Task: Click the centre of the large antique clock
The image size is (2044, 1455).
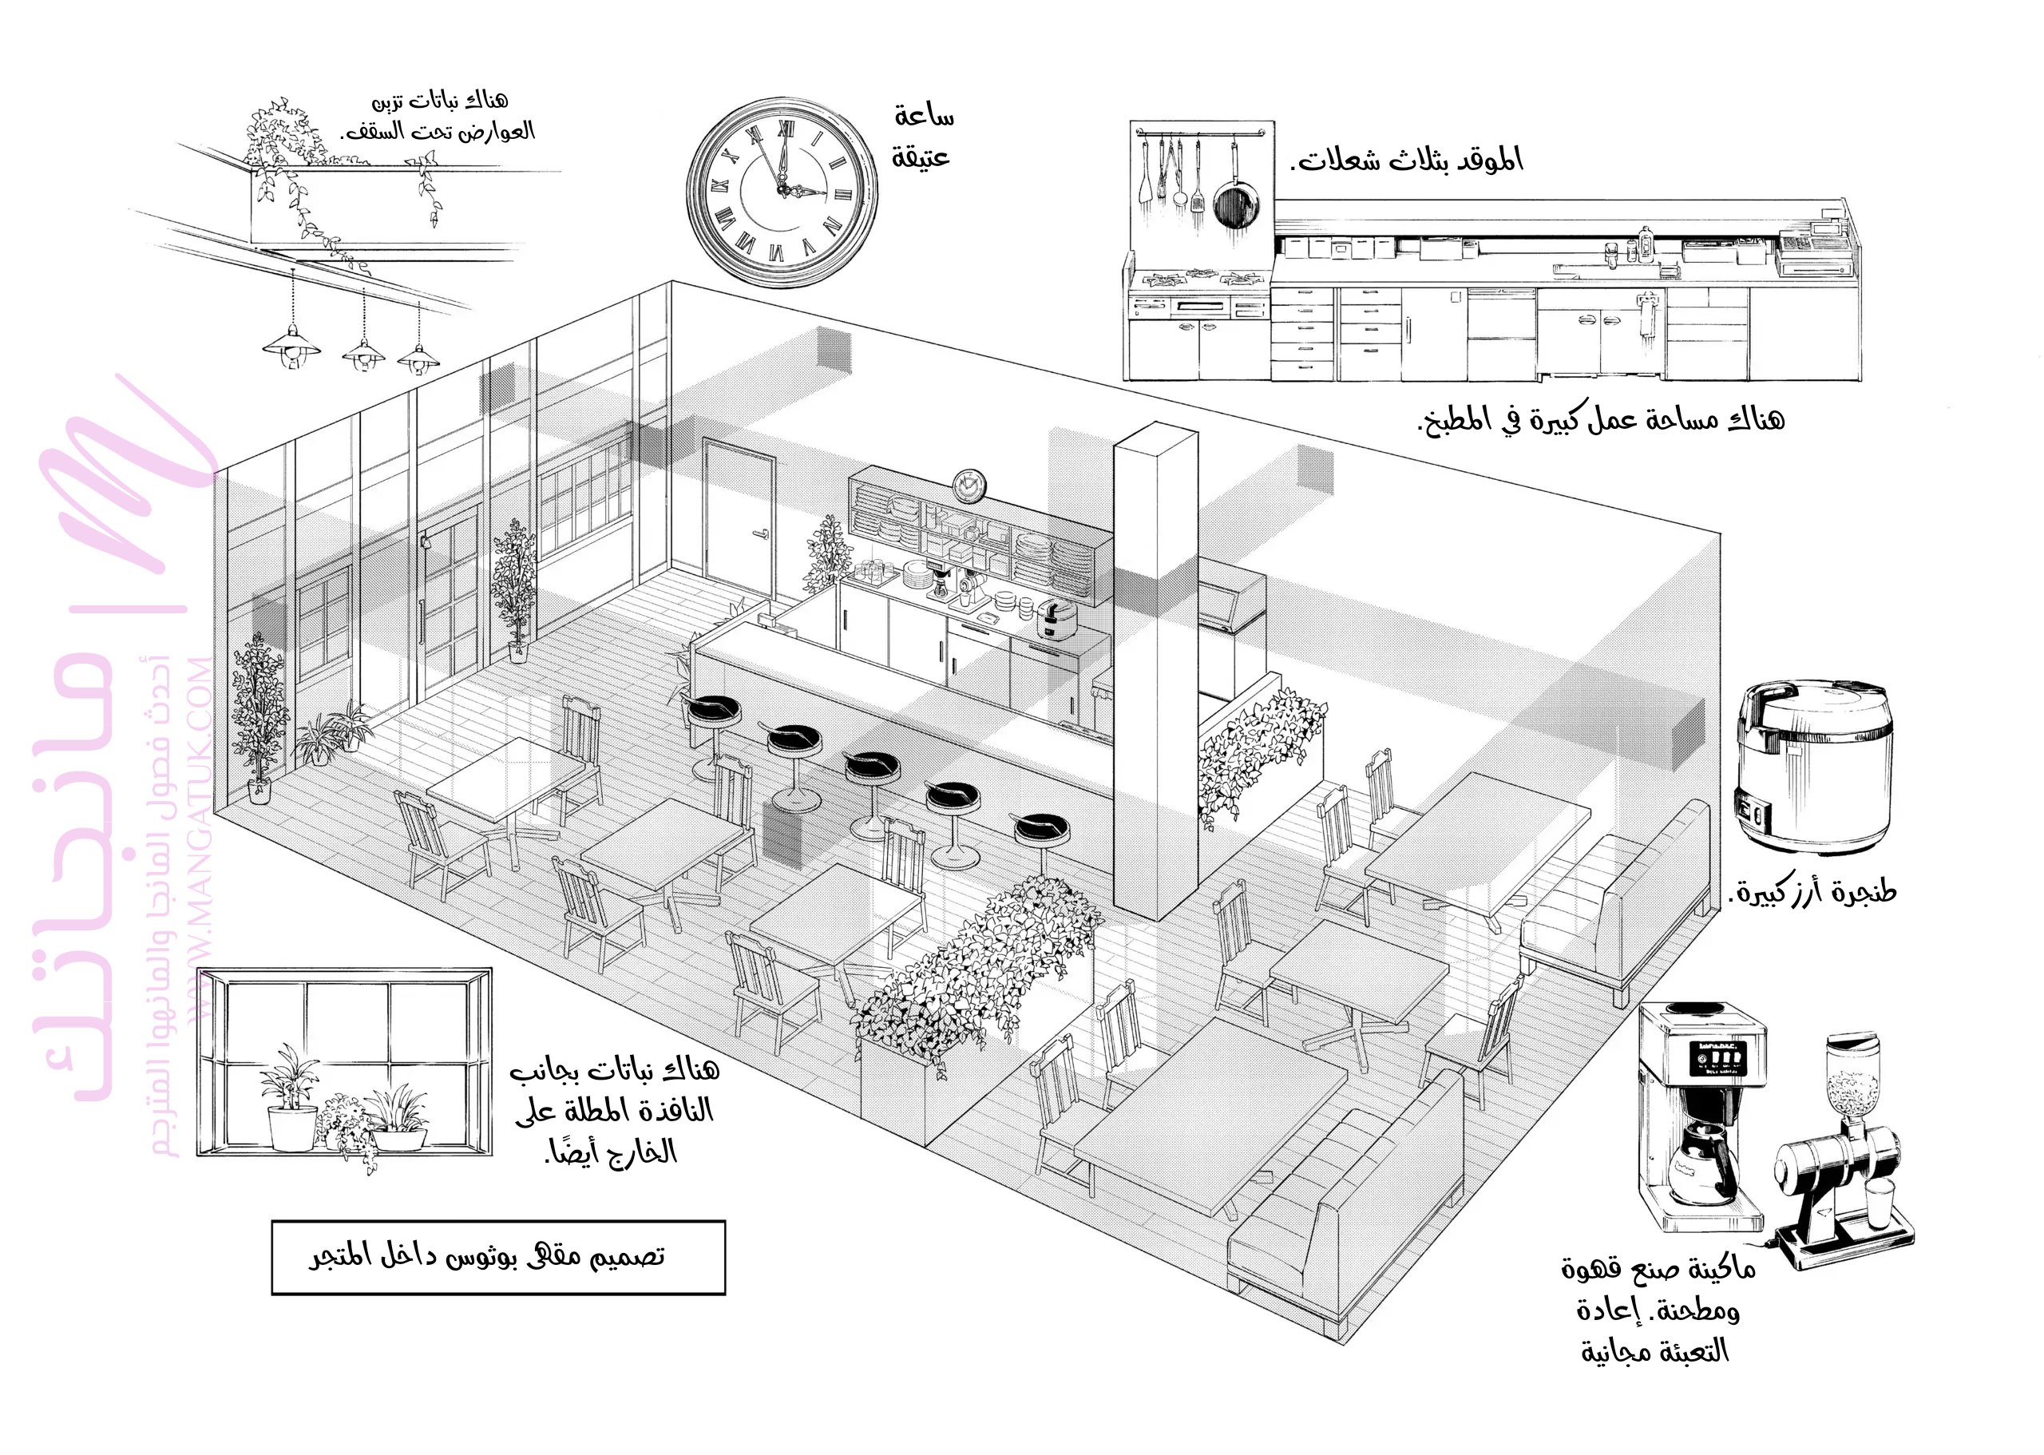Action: coord(782,192)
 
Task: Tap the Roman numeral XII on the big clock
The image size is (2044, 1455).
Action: coord(784,130)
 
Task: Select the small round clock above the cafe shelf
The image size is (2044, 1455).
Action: coord(969,486)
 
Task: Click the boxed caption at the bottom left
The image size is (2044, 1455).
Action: coord(498,1257)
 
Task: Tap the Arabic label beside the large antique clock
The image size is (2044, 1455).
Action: coord(921,137)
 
